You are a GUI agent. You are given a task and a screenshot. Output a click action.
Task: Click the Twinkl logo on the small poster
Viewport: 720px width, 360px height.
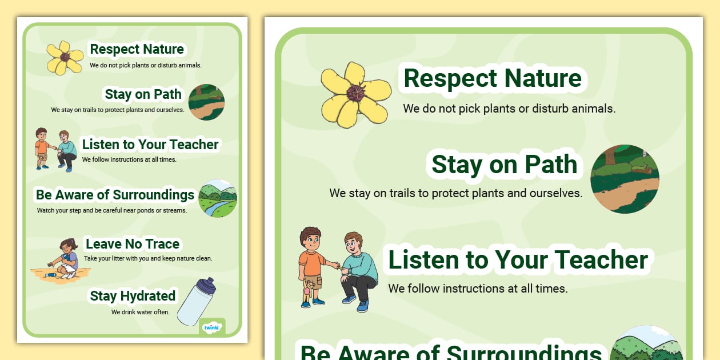tap(211, 327)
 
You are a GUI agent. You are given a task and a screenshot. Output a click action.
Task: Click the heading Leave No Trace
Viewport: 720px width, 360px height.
tap(133, 244)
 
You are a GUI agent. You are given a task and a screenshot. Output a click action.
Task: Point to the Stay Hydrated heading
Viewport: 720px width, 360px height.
tap(133, 296)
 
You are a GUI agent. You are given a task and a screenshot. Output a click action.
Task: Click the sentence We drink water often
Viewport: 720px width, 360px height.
tap(141, 312)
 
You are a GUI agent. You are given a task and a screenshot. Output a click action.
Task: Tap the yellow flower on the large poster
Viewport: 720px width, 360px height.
tap(354, 95)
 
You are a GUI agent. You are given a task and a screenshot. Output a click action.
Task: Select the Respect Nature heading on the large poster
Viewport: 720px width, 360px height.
tap(493, 78)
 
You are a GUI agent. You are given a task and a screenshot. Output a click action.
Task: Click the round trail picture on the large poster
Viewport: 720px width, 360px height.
tap(625, 179)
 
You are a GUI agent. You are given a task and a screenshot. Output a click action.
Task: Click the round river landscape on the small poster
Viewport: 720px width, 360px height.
tap(218, 198)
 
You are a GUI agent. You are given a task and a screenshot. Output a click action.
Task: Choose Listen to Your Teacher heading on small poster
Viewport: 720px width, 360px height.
tap(150, 145)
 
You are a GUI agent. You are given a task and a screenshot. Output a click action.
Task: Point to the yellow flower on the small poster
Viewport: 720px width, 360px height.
tap(65, 58)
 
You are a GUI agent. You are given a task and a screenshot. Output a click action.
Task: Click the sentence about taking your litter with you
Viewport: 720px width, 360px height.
tap(148, 258)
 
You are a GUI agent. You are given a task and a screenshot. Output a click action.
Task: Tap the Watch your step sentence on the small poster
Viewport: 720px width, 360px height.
tap(112, 210)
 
